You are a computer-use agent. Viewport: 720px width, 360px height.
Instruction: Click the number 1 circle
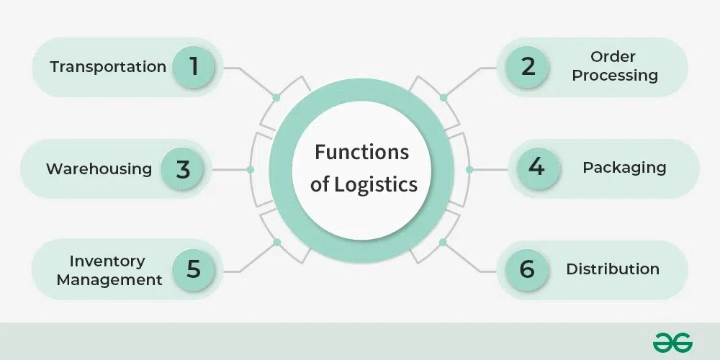tap(193, 67)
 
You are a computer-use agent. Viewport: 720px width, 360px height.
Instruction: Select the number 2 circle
tap(528, 67)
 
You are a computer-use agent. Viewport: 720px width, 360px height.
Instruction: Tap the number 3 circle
tap(182, 169)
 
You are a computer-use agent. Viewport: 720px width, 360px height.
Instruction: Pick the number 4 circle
tap(536, 168)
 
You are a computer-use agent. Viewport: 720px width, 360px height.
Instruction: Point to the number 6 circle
tap(527, 269)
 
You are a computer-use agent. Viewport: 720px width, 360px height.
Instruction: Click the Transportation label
tap(108, 67)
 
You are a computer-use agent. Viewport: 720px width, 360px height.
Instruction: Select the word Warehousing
tap(99, 169)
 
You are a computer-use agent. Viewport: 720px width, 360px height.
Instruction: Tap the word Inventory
tap(107, 261)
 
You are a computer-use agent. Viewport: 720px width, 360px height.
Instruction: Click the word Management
tap(109, 279)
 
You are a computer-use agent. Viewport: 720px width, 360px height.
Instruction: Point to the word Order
tap(612, 57)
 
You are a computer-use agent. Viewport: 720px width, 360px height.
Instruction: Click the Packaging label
tap(624, 168)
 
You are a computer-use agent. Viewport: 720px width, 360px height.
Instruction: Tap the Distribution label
tap(613, 269)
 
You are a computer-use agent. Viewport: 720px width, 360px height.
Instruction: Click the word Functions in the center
tap(362, 153)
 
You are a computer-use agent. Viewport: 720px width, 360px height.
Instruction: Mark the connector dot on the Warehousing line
tap(250, 170)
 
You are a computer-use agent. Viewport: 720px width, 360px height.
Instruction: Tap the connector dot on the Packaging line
tap(469, 170)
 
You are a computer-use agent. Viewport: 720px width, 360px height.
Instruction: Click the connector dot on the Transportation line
tap(276, 97)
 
